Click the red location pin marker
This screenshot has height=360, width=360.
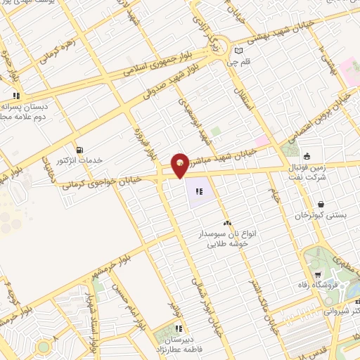coord(180,165)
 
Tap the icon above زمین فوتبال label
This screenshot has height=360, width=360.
coord(307,156)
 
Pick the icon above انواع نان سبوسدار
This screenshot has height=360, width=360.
coord(226,223)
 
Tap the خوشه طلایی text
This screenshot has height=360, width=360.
coord(224,245)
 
